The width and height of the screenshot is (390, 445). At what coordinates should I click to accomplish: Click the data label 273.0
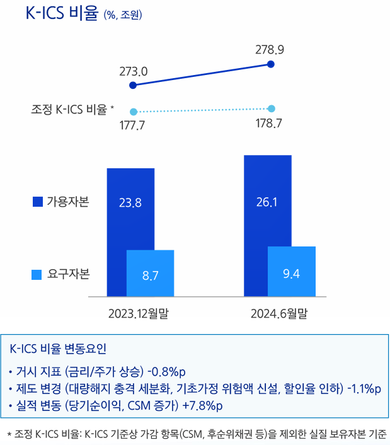[x=133, y=72]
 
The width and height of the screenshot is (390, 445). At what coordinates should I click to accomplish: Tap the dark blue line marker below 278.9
[x=271, y=64]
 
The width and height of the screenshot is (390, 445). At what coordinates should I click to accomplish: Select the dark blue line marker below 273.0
[x=132, y=85]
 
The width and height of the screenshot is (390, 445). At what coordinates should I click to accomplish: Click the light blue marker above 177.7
[x=132, y=111]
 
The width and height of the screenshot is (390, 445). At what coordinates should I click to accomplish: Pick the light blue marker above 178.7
[x=272, y=108]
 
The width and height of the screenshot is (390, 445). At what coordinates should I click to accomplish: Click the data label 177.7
[x=132, y=125]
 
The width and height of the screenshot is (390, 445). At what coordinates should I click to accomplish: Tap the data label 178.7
[x=269, y=122]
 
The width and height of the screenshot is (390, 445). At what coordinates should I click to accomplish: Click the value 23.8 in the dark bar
[x=130, y=203]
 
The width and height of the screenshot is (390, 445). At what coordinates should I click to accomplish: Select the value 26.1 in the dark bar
[x=267, y=202]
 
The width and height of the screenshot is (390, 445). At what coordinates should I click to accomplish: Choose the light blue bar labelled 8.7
[x=150, y=275]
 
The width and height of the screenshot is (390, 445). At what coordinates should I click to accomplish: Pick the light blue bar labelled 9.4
[x=291, y=273]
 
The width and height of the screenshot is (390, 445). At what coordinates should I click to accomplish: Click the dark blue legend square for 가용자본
[x=37, y=202]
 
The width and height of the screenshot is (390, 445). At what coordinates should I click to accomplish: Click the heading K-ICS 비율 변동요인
[x=59, y=349]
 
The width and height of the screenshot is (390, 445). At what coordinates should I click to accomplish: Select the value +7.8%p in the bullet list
[x=202, y=405]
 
